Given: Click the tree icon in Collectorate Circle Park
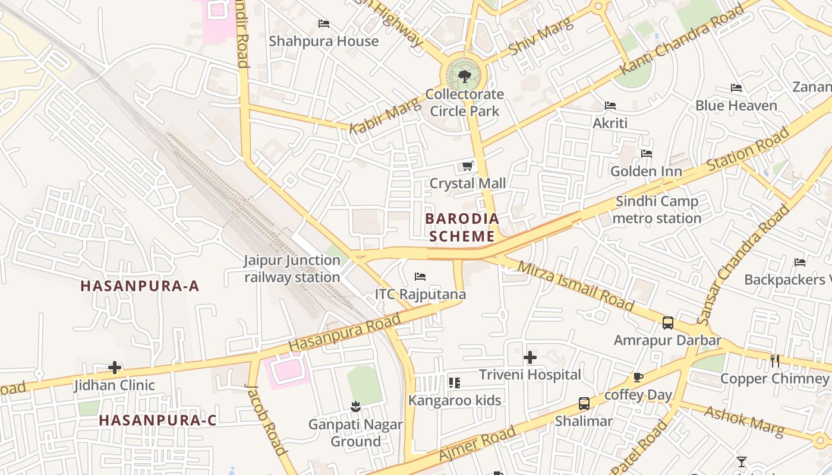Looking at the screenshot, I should coord(465,76).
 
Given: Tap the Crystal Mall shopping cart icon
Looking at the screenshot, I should coord(468,166).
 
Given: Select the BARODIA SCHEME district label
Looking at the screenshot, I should coord(462,227).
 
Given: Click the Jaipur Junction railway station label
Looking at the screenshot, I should coord(292,268).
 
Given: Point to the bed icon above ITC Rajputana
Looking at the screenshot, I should coord(420,277).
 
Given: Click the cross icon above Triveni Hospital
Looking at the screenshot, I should coord(530,357).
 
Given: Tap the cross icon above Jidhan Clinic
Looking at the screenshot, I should coord(115,368).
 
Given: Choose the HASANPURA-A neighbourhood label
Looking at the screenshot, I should coord(140,286).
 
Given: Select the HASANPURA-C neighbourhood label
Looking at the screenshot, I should coord(157,420).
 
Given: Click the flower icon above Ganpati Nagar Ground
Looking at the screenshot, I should coord(355,407).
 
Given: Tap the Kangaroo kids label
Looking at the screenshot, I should coord(455,400).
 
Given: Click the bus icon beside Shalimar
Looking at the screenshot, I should coord(584,404).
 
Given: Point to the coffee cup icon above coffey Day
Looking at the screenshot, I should coord(638,378).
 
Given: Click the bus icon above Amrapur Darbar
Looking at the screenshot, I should coord(668,323).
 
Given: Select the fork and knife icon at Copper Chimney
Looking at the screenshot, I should coord(775,360).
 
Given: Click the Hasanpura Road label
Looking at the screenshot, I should coord(345,333).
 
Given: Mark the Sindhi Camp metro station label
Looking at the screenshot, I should coord(657,210).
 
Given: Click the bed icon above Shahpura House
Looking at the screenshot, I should coord(324,24).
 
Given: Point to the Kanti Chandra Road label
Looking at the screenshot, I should coord(682,40).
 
